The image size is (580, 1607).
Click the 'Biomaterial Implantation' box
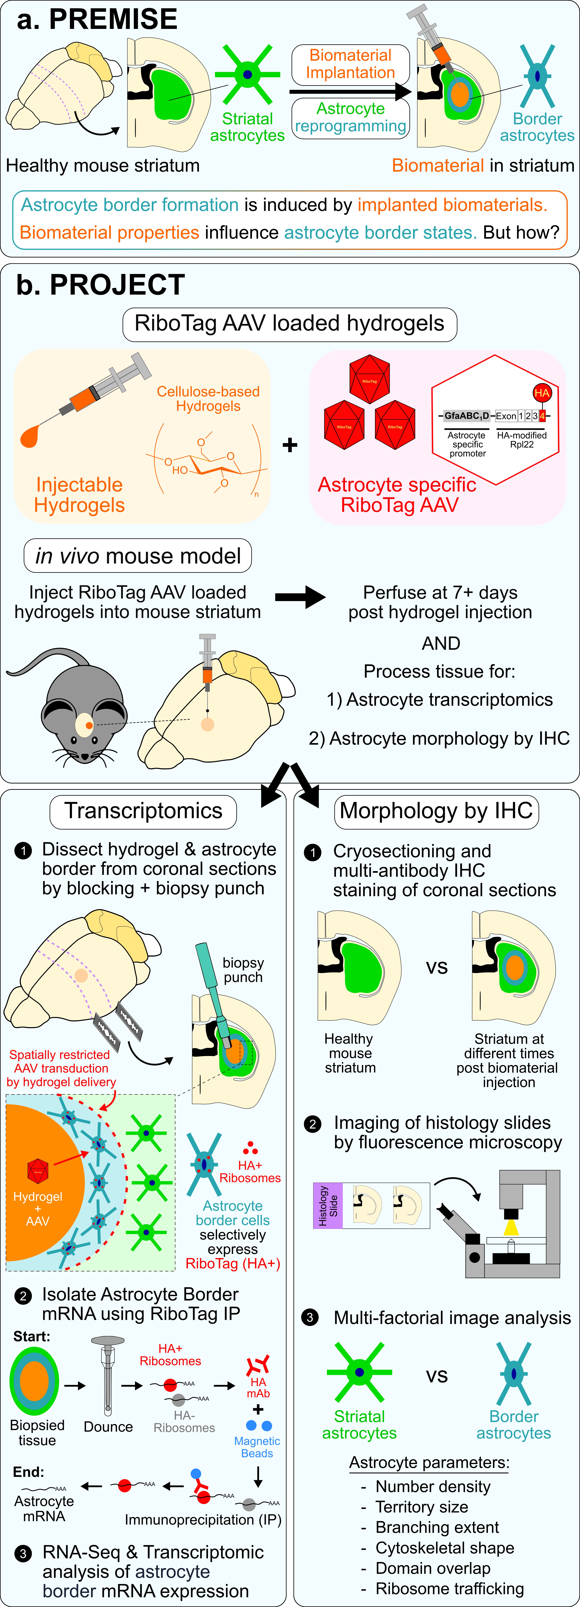[350, 64]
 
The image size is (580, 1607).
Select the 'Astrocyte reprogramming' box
[350, 117]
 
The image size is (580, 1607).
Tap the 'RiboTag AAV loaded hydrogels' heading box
[289, 324]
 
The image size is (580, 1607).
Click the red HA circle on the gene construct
[541, 393]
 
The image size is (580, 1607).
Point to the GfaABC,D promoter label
[467, 415]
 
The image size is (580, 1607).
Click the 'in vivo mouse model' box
[138, 555]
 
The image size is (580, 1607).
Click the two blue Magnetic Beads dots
[259, 1425]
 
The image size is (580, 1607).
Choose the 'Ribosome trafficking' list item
[449, 1588]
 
